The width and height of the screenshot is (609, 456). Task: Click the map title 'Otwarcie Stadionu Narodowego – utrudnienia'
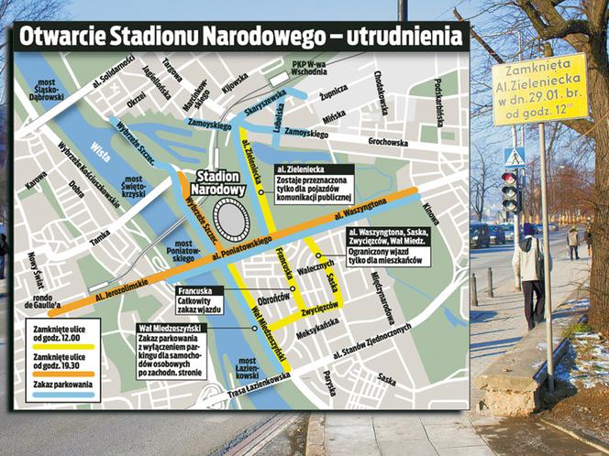[237, 38]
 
